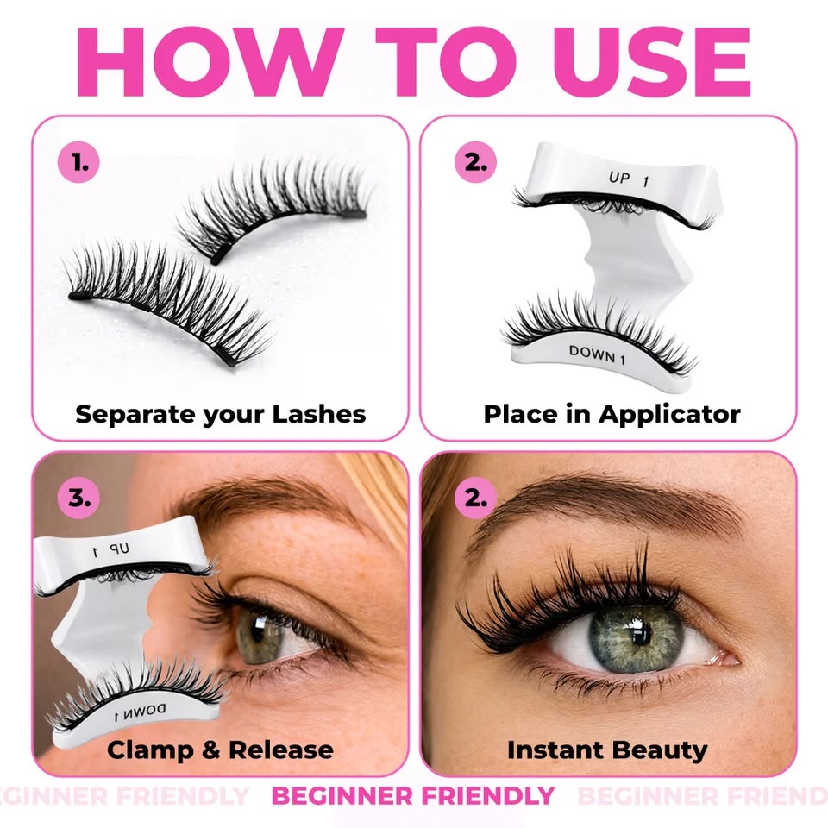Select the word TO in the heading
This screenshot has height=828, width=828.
coord(448,62)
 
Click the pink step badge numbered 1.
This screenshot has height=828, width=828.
coord(78,161)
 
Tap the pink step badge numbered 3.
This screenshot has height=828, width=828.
coord(78,498)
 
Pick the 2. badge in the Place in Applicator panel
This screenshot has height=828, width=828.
coord(476,161)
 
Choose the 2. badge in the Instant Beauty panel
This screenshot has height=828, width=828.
coord(476,498)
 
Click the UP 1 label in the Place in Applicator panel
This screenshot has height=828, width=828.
coord(629,179)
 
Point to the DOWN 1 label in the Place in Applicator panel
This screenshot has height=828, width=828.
coord(597,354)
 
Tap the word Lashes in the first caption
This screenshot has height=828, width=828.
coord(319,414)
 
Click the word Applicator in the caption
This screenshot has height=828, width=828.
coord(669,415)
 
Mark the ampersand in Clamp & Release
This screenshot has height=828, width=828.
coord(211,750)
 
